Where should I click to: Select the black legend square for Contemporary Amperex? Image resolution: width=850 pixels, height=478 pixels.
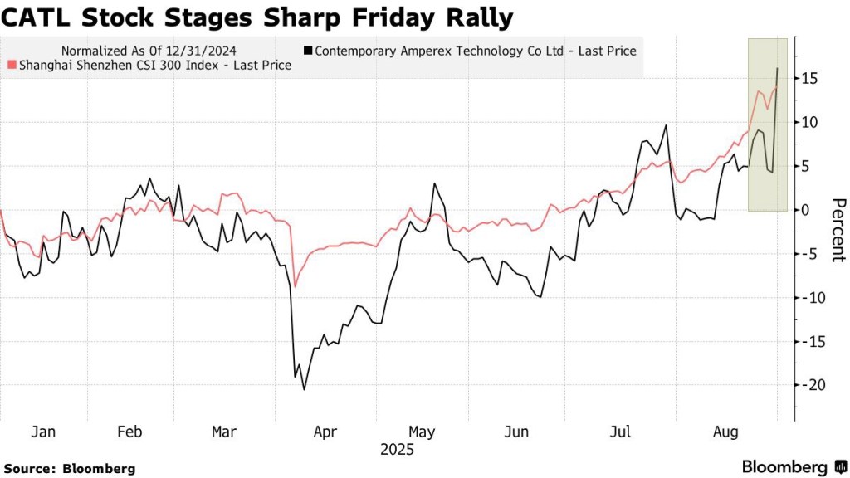[308, 51]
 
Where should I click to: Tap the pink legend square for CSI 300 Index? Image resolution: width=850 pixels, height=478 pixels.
[10, 65]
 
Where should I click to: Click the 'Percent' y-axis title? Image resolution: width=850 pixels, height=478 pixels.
[838, 230]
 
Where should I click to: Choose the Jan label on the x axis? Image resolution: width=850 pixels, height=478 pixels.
[42, 432]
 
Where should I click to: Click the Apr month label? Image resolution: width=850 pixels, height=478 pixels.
[325, 432]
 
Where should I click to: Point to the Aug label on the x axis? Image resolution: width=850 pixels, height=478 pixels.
[726, 432]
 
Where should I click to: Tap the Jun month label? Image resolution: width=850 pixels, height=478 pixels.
[517, 432]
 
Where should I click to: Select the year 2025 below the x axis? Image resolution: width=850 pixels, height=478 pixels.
[397, 451]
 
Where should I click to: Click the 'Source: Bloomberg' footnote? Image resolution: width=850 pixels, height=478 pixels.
[69, 469]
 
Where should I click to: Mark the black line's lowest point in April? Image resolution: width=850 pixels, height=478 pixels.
[304, 389]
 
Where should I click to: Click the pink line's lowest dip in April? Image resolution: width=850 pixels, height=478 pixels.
[296, 286]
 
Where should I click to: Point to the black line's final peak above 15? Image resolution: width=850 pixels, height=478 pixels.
[776, 68]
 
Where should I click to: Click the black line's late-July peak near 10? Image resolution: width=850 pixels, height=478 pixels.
[666, 126]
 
